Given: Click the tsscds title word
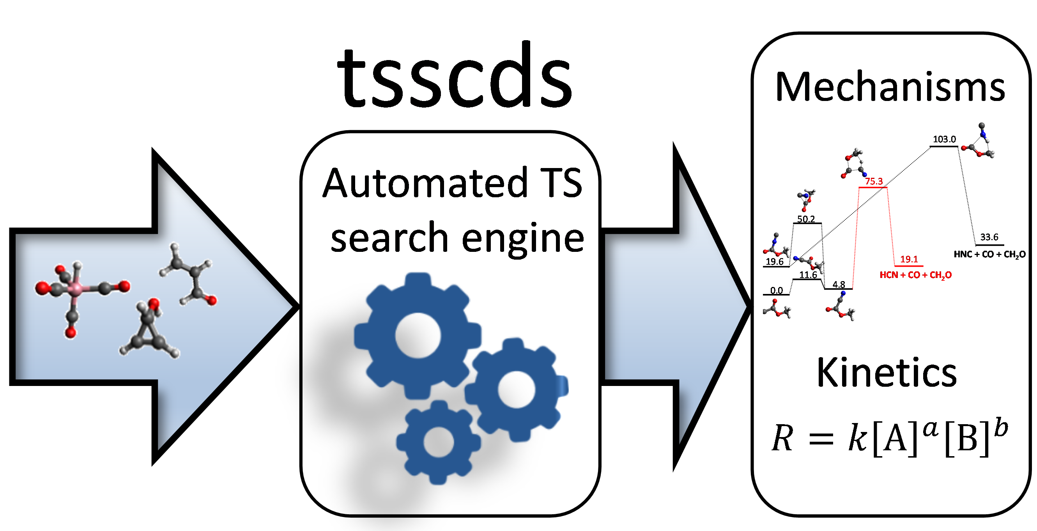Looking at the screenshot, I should (x=455, y=76).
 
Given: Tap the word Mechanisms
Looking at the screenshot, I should (x=890, y=87).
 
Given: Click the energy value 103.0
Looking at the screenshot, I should (x=944, y=139).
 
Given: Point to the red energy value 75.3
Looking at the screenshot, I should (x=874, y=182).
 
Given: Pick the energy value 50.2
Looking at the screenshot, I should (x=806, y=219).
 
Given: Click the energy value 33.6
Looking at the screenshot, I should (x=989, y=237).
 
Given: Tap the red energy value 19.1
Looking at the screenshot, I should (x=909, y=259).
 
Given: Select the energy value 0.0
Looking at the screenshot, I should (x=777, y=290).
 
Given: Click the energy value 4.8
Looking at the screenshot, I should (x=839, y=285).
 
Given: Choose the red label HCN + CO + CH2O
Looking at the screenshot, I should (x=915, y=275).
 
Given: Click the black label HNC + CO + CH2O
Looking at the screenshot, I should (x=989, y=255).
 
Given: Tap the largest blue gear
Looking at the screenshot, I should (x=418, y=335).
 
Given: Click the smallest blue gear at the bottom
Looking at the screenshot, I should (x=439, y=442).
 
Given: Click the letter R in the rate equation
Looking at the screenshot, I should (x=782, y=439).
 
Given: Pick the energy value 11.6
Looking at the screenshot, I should (x=808, y=274).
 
